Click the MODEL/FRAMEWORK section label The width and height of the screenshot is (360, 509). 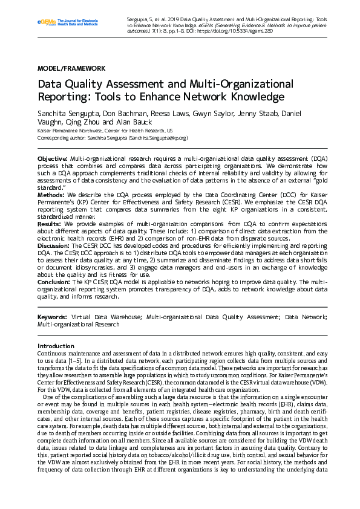71,68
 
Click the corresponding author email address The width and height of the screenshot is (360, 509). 157,138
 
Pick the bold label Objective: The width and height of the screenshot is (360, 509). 53,158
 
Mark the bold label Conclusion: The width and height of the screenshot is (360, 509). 54,282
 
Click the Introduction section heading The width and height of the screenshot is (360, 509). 56,346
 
